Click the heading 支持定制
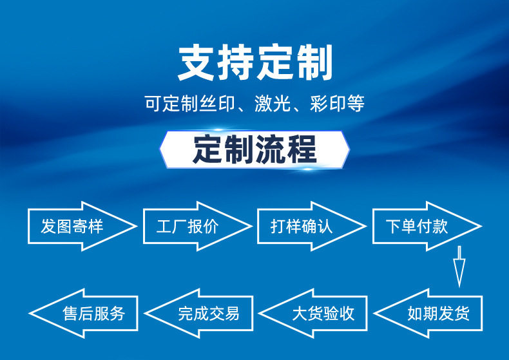254,62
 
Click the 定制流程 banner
254,149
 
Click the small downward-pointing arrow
459,265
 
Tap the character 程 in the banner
302,149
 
